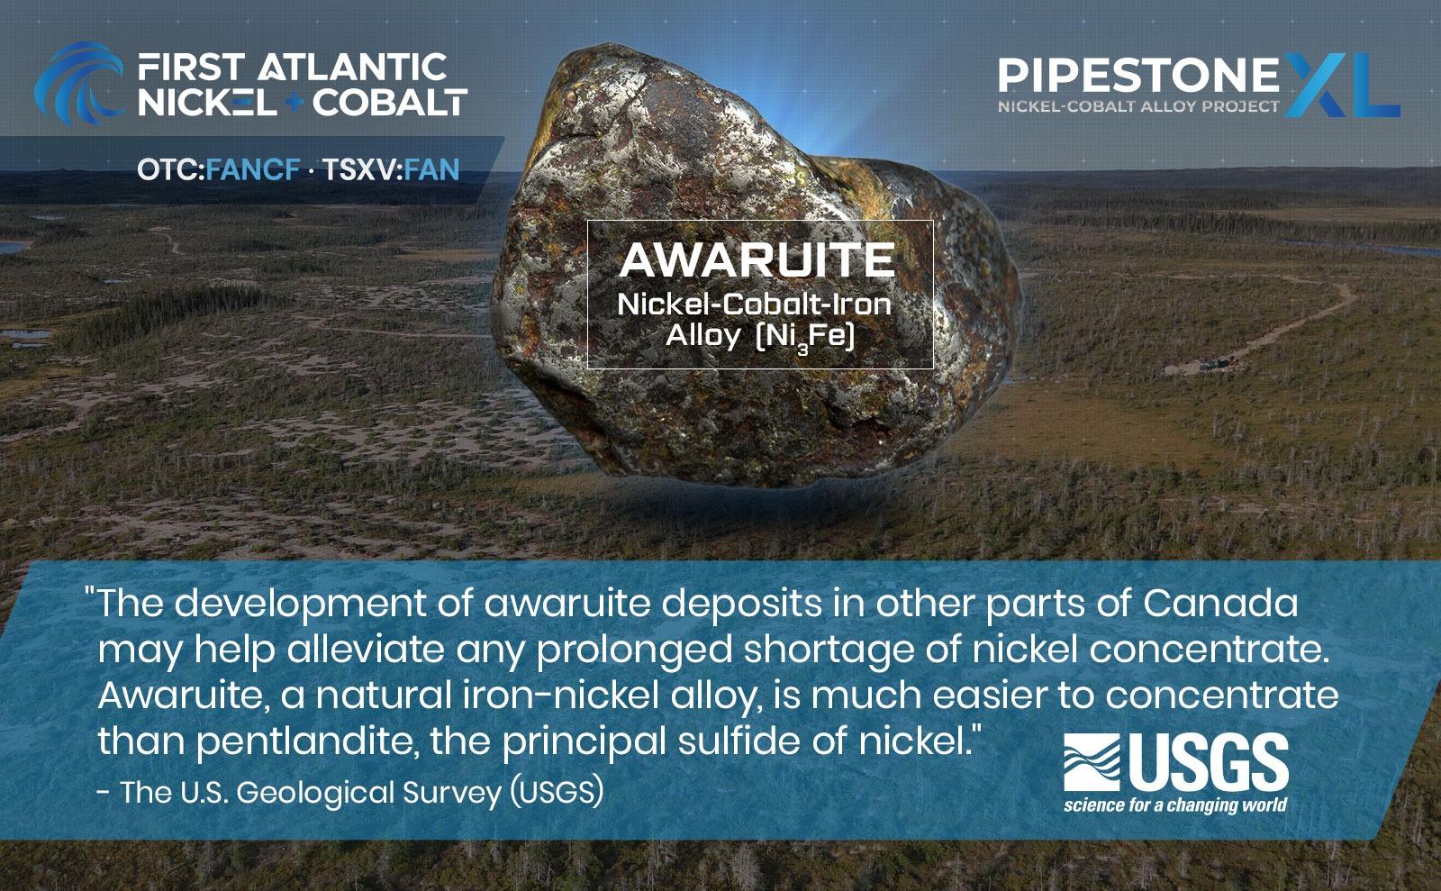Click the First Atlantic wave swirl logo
pos(76,81)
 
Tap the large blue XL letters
pos(1343,84)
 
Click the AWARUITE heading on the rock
pos(757,260)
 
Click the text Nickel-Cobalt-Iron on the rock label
pos(754,304)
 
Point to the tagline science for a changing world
pos(1174,805)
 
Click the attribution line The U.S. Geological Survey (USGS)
pos(360,793)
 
